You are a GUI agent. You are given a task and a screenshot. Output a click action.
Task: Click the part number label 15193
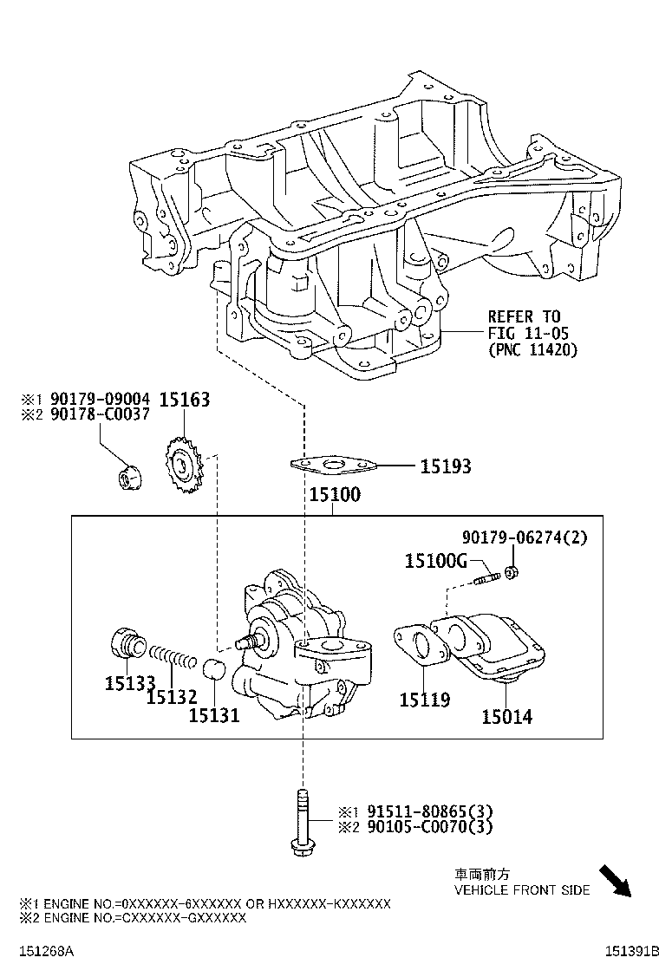click(446, 467)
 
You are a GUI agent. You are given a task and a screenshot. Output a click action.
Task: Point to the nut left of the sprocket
click(127, 476)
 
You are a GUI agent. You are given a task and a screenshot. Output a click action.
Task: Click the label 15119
click(424, 699)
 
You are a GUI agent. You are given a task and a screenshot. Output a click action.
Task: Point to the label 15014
click(507, 716)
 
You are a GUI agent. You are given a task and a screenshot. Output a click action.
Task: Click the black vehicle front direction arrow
click(617, 881)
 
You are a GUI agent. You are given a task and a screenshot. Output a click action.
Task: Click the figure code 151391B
click(632, 950)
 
